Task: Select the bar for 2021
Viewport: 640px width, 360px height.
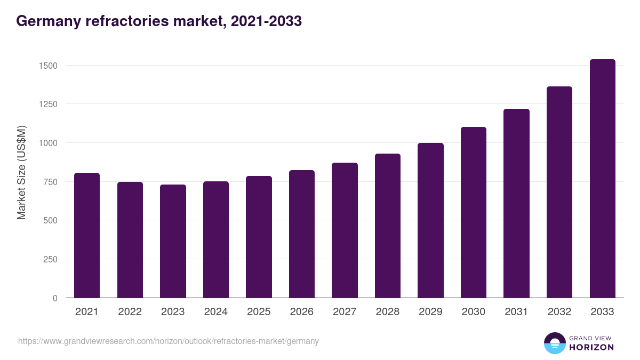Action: click(x=87, y=235)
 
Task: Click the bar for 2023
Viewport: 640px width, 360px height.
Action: click(x=173, y=241)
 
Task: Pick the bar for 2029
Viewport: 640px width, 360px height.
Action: click(x=430, y=220)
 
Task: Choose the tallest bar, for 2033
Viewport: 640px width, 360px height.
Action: click(x=602, y=179)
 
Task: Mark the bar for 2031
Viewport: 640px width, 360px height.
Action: click(x=516, y=203)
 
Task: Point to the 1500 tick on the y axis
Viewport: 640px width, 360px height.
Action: click(x=48, y=66)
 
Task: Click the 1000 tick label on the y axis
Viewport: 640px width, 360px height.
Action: click(x=48, y=143)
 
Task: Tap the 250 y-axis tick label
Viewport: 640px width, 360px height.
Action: click(x=50, y=259)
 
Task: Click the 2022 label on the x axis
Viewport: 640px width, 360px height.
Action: click(x=130, y=312)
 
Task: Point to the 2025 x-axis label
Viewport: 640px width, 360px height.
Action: click(x=259, y=312)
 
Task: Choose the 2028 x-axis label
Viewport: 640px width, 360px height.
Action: click(x=387, y=312)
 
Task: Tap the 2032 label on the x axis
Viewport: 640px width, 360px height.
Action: click(x=559, y=312)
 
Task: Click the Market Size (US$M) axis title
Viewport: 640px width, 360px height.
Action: click(x=21, y=172)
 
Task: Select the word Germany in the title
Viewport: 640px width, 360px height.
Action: click(x=48, y=21)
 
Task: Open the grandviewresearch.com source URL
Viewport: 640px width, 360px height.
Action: click(x=169, y=341)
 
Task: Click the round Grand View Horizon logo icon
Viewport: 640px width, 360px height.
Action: click(x=554, y=343)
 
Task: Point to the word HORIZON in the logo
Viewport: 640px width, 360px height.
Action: click(x=591, y=347)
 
